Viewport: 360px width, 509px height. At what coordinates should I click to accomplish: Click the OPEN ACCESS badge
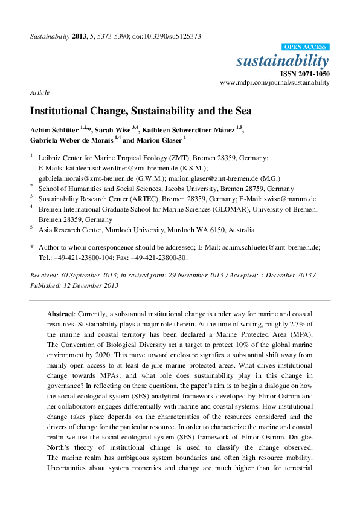306,47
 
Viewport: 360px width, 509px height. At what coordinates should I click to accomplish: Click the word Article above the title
39,92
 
